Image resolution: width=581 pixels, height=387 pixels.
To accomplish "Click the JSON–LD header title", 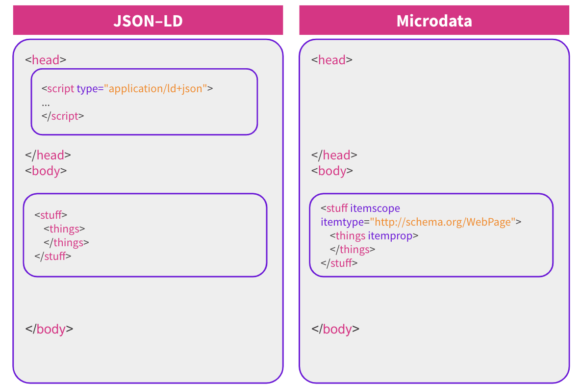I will [148, 21].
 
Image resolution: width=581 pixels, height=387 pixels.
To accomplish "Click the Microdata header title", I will [434, 21].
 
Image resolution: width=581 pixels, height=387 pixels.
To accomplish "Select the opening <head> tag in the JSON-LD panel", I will [46, 60].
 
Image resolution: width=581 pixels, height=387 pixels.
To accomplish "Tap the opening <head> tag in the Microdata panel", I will [332, 60].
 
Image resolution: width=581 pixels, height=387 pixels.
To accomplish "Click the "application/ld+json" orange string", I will [155, 89].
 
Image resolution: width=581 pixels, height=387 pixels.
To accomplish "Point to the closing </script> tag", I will [63, 116].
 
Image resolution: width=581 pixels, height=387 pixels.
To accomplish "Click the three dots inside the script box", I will [46, 104].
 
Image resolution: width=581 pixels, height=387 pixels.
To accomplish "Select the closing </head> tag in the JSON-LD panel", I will [48, 155].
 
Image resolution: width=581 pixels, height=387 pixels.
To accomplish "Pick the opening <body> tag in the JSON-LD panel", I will [46, 171].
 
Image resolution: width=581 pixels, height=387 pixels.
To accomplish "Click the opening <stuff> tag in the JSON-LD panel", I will [51, 215].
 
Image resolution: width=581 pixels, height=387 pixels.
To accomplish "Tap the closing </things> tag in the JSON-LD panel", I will [67, 242].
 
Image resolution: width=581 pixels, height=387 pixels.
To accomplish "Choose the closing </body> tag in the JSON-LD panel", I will [50, 329].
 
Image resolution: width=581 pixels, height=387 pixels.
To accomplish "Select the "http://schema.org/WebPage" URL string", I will [442, 222].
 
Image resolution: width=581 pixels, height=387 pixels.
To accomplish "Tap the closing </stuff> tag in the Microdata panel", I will [339, 263].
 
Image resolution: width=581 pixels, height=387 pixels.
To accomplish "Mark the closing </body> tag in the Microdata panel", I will [336, 329].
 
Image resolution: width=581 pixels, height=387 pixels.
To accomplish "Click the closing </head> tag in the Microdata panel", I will [334, 155].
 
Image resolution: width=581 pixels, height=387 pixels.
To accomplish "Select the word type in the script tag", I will [87, 89].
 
